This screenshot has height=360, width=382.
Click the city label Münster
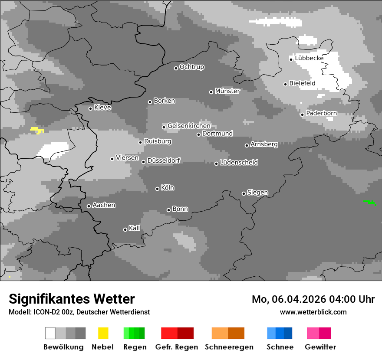click(227, 91)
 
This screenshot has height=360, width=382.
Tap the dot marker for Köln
click(157, 189)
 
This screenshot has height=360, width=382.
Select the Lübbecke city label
click(309, 58)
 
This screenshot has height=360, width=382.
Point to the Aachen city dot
click(89, 206)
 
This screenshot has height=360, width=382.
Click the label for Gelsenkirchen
click(189, 126)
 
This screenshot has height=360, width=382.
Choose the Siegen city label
click(257, 193)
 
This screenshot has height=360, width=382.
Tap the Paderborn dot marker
click(302, 115)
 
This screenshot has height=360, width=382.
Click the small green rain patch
click(370, 202)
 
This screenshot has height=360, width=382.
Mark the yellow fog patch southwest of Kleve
click(37, 130)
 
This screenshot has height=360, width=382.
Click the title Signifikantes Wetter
click(72, 299)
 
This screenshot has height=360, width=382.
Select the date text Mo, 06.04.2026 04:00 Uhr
click(313, 299)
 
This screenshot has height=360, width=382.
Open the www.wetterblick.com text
click(313, 312)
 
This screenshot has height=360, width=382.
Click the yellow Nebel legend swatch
click(103, 333)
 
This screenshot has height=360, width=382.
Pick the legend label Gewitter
click(320, 347)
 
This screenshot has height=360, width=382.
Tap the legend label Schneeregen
click(229, 347)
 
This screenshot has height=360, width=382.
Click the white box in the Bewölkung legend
click(50, 333)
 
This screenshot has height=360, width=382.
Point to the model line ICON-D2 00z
click(79, 312)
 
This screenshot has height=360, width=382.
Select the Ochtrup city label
click(191, 67)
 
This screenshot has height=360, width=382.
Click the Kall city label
click(134, 228)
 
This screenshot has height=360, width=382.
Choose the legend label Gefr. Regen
click(176, 347)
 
